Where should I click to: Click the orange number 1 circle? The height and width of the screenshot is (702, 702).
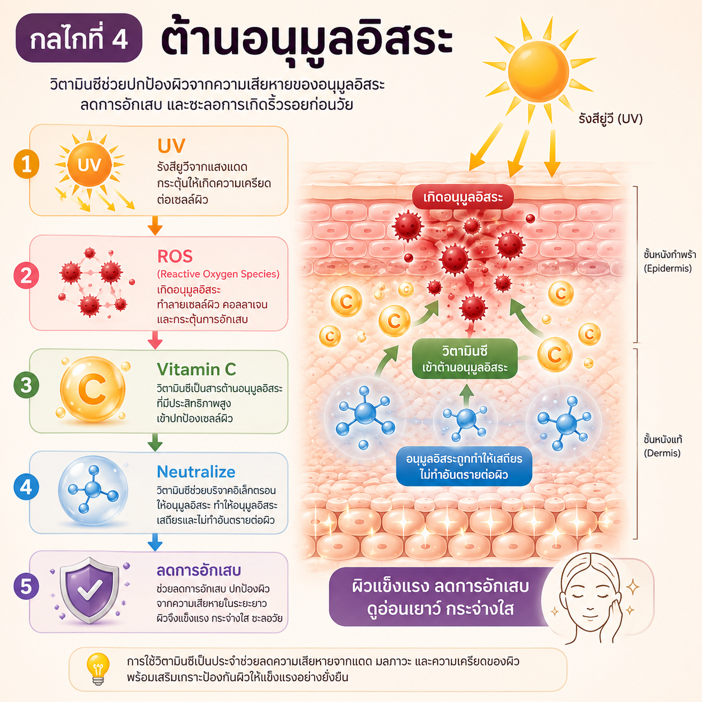[x=26, y=165]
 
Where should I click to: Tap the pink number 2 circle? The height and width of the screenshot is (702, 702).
[x=26, y=276]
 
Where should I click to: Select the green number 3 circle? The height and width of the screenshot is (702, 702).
[x=26, y=385]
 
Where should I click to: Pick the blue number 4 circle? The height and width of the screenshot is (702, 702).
[x=26, y=486]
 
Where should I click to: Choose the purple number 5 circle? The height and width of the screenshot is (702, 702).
[x=26, y=586]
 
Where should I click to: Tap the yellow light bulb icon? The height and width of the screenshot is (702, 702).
[x=98, y=669]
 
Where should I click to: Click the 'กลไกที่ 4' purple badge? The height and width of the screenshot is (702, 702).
[x=78, y=38]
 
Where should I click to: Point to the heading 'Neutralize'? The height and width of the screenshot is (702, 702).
[x=196, y=472]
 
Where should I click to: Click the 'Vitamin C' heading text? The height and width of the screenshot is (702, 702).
[x=196, y=369]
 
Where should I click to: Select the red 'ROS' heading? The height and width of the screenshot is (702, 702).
[x=175, y=256]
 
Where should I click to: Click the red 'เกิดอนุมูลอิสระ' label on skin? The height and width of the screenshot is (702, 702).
[x=462, y=197]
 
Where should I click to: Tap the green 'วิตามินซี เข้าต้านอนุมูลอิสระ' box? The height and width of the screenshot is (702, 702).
[x=465, y=359]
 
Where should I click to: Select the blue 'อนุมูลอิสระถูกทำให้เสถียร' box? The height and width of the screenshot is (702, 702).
[x=464, y=467]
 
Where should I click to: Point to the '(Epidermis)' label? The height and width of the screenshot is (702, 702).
[x=667, y=269]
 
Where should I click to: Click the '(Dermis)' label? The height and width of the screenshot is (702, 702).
[x=662, y=453]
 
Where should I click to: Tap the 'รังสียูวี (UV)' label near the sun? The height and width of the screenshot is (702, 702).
[x=611, y=119]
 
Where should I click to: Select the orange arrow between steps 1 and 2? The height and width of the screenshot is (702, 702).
[x=155, y=225]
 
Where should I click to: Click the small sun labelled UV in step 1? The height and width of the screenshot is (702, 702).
[x=90, y=165]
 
